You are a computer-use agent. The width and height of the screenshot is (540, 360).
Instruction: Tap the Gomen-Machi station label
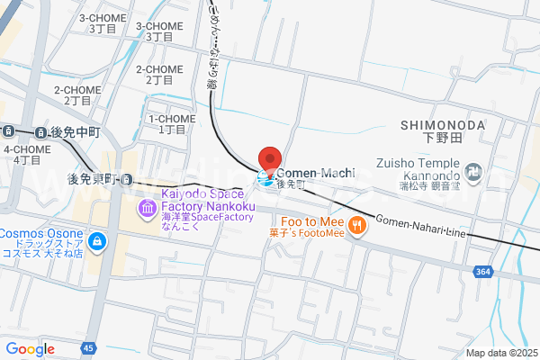tap(315, 172)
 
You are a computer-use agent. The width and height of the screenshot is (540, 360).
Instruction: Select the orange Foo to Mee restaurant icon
tap(357, 225)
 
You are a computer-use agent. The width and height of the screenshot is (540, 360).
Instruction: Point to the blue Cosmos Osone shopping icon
tap(95, 241)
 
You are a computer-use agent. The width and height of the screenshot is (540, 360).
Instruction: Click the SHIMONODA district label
tap(444, 125)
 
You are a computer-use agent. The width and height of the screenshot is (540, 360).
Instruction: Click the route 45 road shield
tap(87, 348)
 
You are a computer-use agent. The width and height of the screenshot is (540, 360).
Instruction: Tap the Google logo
tap(30, 349)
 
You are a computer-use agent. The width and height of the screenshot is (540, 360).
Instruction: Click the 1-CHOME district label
tap(166, 119)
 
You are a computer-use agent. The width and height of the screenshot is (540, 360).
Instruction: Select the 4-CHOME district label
tap(27, 149)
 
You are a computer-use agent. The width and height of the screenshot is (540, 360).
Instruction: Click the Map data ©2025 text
tap(501, 353)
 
